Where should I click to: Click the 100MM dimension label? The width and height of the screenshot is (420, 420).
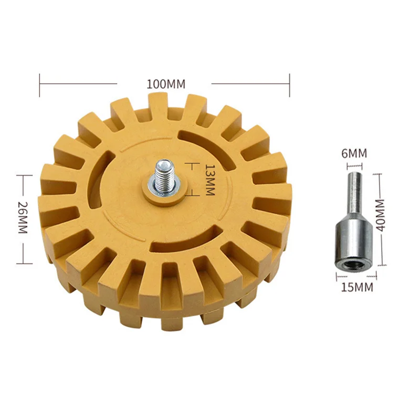pyautogui.click(x=166, y=84)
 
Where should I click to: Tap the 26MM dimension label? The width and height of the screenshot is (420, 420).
pyautogui.click(x=23, y=217)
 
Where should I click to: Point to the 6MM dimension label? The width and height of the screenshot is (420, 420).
pyautogui.click(x=354, y=153)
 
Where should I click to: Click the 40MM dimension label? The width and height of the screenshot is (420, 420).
pyautogui.click(x=380, y=215)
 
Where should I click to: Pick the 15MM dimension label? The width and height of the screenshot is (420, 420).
pyautogui.click(x=357, y=287)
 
